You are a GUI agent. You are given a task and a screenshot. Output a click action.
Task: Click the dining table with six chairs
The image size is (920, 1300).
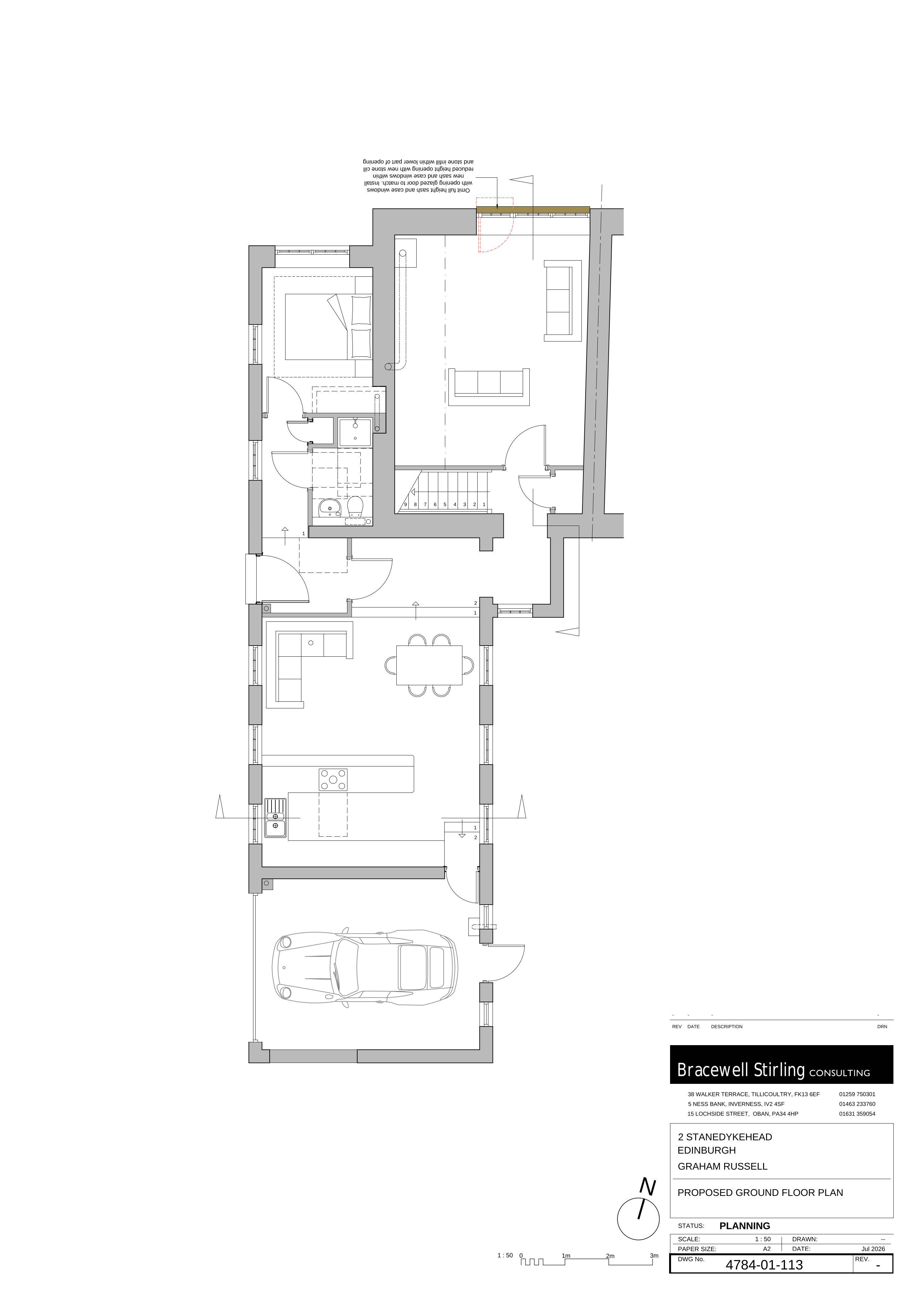[429, 665]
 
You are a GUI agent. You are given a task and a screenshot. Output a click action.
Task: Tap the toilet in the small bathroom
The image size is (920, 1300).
[355, 507]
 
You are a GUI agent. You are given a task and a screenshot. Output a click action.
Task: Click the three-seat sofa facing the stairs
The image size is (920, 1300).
[489, 387]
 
